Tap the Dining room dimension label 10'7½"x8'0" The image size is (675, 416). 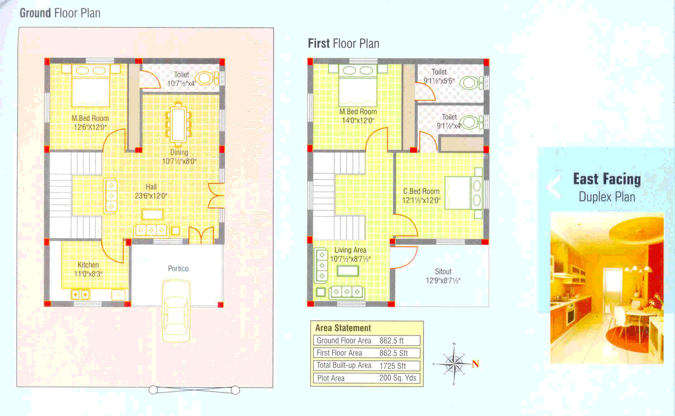pos(179,161)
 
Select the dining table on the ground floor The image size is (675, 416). pos(178,124)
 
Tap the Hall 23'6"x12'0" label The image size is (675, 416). pos(151,191)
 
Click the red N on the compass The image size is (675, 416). pos(475,364)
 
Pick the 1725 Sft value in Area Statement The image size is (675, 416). pos(392,366)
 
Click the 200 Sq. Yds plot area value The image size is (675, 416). pos(397,378)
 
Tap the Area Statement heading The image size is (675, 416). pos(343,328)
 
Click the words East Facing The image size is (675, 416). pos(607,179)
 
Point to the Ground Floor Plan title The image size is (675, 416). pos(60,13)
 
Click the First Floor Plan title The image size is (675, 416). pos(343,43)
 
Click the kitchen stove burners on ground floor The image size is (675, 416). pos(80,295)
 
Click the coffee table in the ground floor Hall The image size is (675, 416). pos(153,214)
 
